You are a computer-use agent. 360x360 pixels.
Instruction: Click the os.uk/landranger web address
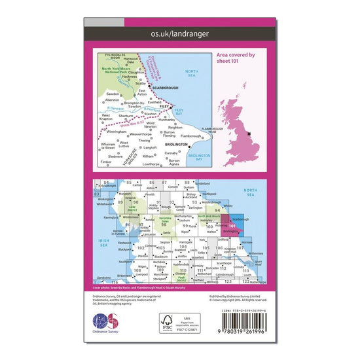180,31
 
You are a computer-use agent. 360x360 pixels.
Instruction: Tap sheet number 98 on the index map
154,224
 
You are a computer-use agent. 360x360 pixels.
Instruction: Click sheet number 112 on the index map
223,268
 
